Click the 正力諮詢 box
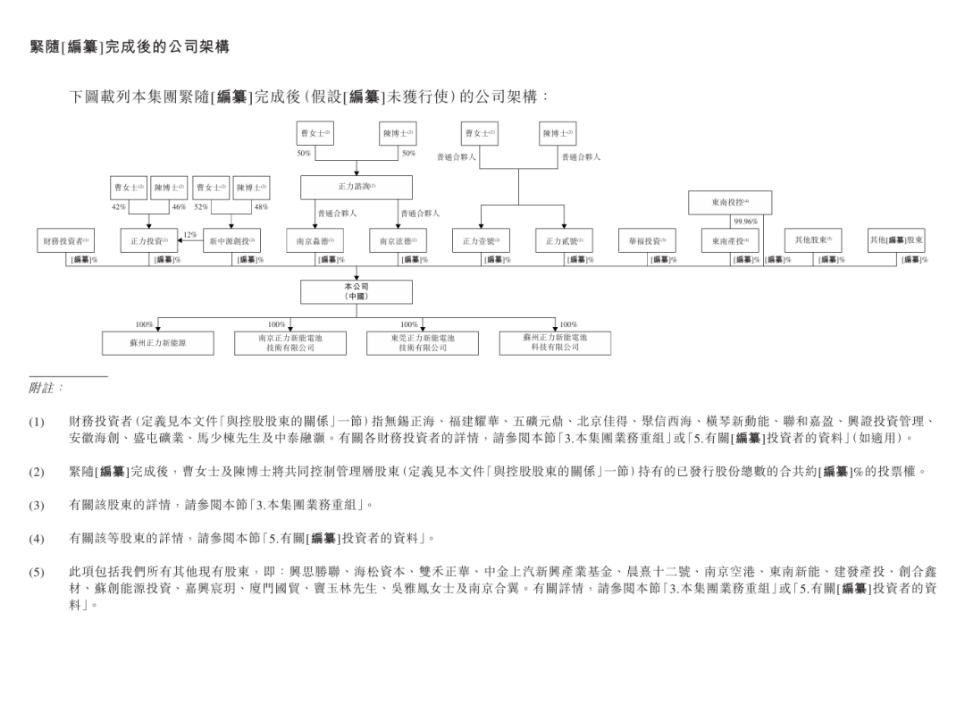(x=356, y=187)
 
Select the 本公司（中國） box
(x=356, y=291)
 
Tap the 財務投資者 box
(x=65, y=240)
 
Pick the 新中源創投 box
(x=231, y=240)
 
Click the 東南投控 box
(x=730, y=202)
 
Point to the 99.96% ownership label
(x=745, y=222)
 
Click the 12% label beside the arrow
(x=189, y=234)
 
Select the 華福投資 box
(x=647, y=240)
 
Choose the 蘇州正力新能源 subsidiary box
(x=157, y=343)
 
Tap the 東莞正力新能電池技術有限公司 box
(x=422, y=343)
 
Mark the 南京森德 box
(x=315, y=240)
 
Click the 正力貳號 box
(x=564, y=240)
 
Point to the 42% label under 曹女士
(x=119, y=206)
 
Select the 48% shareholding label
(x=261, y=206)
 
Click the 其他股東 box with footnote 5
(x=813, y=239)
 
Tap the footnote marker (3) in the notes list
(x=36, y=505)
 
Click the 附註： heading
(x=46, y=388)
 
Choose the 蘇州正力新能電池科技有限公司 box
(x=555, y=342)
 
